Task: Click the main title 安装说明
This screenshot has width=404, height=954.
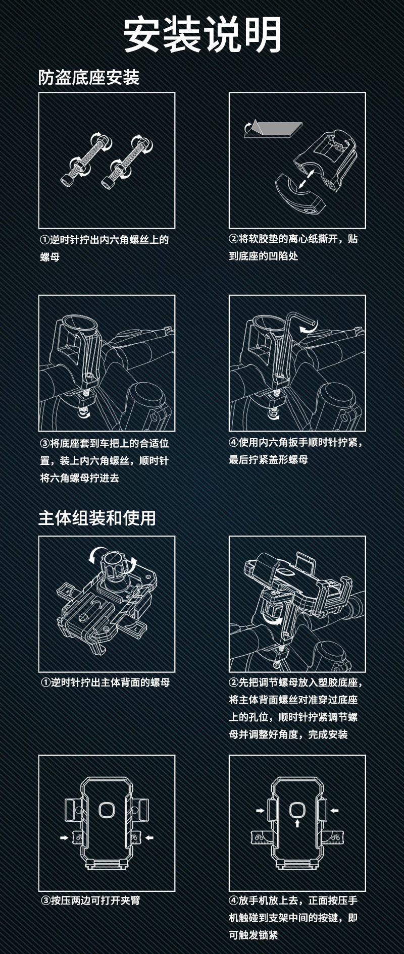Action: click(202, 34)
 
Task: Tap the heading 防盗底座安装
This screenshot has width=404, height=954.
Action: click(88, 77)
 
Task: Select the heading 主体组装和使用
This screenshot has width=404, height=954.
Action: click(97, 517)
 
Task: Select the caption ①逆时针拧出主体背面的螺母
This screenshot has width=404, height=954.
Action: click(105, 682)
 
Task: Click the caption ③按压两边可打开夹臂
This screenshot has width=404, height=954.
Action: click(90, 900)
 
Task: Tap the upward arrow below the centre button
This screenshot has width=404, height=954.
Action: click(297, 823)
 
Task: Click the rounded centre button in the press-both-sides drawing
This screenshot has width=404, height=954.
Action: click(106, 810)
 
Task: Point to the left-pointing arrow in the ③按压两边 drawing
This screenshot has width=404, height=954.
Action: click(149, 837)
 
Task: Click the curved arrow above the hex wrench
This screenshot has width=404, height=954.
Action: click(308, 329)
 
